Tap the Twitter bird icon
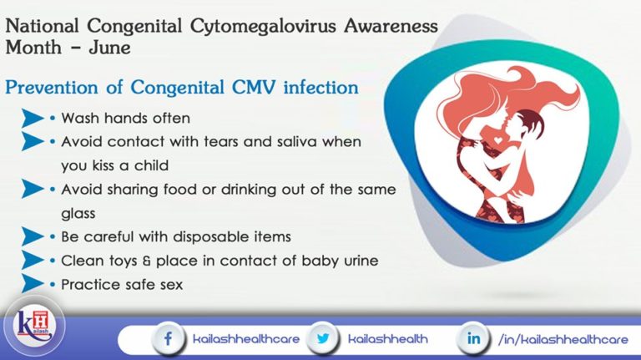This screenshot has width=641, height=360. [x=320, y=339]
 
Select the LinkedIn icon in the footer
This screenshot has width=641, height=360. [x=472, y=339]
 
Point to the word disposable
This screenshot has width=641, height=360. [x=205, y=236]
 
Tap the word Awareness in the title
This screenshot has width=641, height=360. [x=390, y=27]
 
